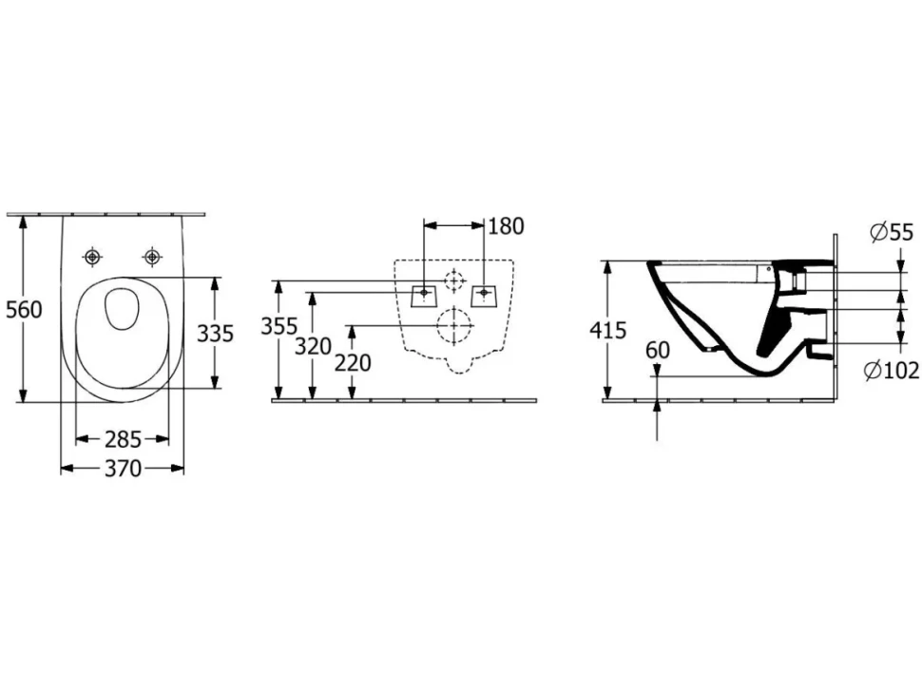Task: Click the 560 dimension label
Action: tap(24, 310)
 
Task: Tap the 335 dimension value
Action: tap(215, 334)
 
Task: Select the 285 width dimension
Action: tap(123, 439)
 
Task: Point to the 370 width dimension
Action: tap(123, 469)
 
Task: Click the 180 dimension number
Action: tap(506, 226)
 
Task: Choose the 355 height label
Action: tap(279, 326)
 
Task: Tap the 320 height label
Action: tap(313, 347)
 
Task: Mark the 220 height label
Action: tap(353, 363)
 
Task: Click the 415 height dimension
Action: tap(608, 331)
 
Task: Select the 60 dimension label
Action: tap(658, 351)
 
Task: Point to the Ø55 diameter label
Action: tap(892, 233)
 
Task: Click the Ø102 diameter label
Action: tap(891, 371)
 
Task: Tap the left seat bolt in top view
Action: tap(93, 257)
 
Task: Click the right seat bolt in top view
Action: tap(152, 257)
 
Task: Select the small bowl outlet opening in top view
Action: tap(123, 308)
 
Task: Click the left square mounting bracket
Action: tap(423, 296)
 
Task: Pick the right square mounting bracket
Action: tap(485, 296)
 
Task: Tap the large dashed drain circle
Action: tap(454, 325)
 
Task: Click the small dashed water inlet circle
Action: tap(454, 280)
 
